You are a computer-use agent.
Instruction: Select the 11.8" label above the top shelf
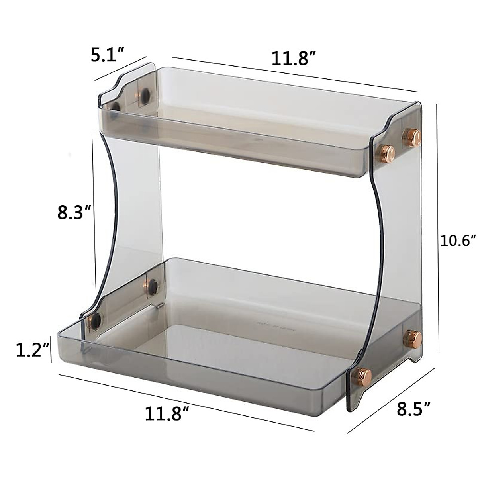[294, 59]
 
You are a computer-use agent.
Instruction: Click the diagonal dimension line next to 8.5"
[390, 399]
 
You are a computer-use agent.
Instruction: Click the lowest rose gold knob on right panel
[363, 375]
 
